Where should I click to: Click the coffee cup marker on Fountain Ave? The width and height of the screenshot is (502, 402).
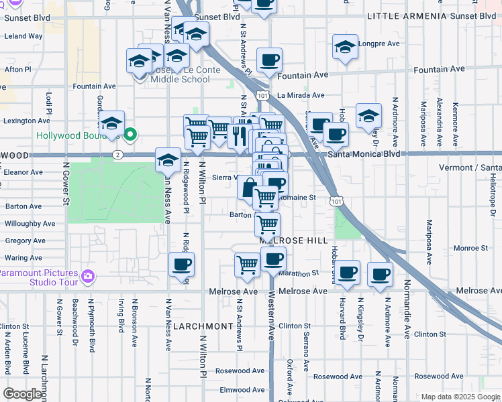coord(269,61)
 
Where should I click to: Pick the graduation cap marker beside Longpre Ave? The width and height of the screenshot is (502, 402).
coord(345,48)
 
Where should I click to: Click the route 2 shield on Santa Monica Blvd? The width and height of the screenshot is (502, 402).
coord(117,155)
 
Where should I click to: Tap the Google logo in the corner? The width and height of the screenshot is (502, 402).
coord(22,394)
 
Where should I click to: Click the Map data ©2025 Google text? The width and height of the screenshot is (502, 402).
coord(460,397)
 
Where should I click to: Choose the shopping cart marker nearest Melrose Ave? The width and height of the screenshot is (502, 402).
coord(247,265)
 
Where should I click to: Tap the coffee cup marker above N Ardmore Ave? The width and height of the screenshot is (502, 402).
coord(380,273)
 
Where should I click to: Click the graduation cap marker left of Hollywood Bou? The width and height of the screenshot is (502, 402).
coord(111,123)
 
